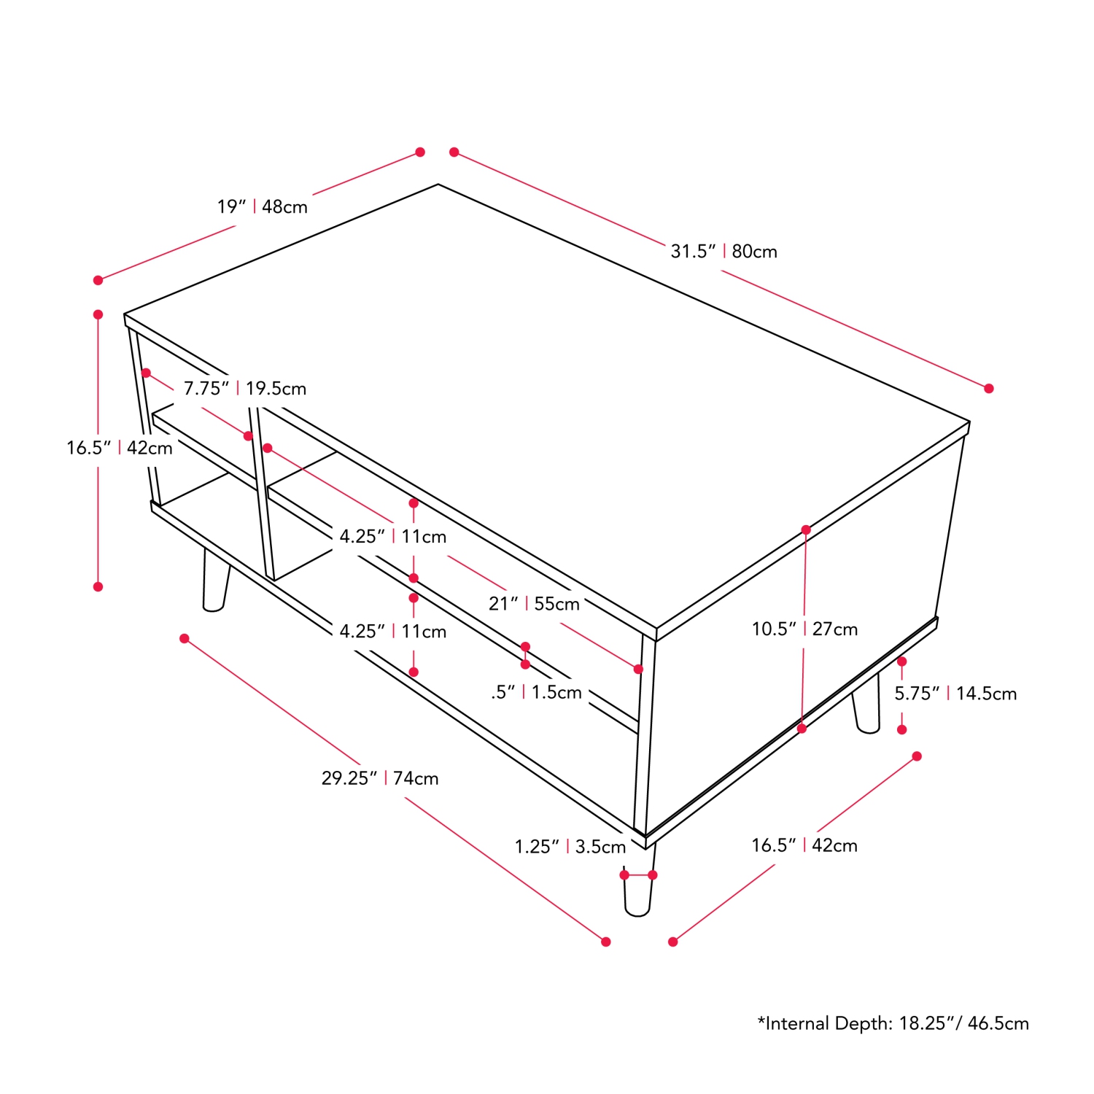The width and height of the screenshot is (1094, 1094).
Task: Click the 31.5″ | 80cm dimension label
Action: tap(723, 252)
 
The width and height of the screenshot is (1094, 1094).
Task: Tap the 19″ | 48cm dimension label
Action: tap(262, 207)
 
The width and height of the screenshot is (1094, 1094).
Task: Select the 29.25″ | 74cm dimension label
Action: tap(380, 779)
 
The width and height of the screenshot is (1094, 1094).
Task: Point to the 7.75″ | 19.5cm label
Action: tap(244, 389)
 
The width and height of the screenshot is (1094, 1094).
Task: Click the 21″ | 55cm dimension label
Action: tap(534, 604)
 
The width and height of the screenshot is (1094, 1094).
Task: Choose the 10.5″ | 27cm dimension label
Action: tap(804, 629)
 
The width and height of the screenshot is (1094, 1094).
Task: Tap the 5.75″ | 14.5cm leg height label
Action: tap(955, 694)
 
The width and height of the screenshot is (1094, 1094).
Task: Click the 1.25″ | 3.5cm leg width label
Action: tap(570, 847)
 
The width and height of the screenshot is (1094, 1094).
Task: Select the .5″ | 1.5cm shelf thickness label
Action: tap(536, 692)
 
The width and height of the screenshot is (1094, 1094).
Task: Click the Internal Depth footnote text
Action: tap(893, 1023)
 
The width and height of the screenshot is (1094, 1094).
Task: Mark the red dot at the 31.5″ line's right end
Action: tap(988, 389)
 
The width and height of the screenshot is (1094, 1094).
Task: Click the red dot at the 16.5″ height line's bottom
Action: tap(98, 587)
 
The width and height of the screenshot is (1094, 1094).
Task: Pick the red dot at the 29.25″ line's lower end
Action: tap(605, 942)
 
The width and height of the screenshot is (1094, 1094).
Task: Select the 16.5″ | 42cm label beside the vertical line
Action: tap(119, 448)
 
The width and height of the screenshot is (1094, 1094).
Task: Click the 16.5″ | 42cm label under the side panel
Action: tap(804, 845)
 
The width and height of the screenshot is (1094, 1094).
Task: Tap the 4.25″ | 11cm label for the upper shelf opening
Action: tap(392, 537)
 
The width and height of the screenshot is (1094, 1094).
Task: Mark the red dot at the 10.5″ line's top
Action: tap(806, 530)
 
